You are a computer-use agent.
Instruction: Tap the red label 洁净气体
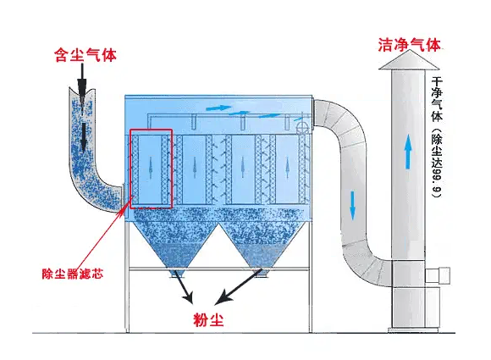point(410,44)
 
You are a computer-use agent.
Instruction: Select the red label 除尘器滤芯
point(71,273)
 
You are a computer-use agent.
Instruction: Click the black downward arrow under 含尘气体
point(82,83)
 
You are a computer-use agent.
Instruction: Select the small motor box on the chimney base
point(443,274)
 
